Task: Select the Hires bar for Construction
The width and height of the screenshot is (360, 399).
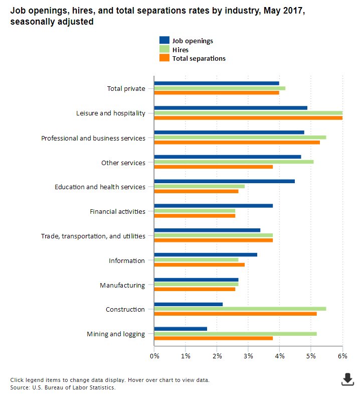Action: pyautogui.click(x=240, y=309)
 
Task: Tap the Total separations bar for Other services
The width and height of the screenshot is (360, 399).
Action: pyautogui.click(x=214, y=167)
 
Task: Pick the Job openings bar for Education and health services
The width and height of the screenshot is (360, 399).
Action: pyautogui.click(x=225, y=181)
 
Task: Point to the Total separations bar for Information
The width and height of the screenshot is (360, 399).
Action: pyautogui.click(x=200, y=264)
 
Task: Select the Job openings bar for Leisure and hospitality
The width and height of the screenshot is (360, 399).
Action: pyautogui.click(x=231, y=107)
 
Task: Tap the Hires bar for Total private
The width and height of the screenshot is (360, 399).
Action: pyautogui.click(x=220, y=88)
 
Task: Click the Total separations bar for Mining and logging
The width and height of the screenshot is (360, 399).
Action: pyautogui.click(x=214, y=338)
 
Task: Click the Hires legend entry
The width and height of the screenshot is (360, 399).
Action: pyautogui.click(x=181, y=50)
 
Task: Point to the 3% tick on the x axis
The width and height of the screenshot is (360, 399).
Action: pyautogui.click(x=248, y=356)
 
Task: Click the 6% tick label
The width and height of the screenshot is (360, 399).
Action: pyautogui.click(x=342, y=356)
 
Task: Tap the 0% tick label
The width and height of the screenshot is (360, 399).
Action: pyautogui.click(x=154, y=356)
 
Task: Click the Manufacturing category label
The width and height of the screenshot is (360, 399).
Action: pyautogui.click(x=122, y=285)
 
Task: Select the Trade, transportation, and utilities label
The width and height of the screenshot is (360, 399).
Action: pyautogui.click(x=93, y=236)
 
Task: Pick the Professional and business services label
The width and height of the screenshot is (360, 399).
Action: pyautogui.click(x=93, y=138)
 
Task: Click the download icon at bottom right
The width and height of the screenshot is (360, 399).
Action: pyautogui.click(x=347, y=379)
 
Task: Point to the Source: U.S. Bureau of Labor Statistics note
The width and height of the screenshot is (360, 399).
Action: pyautogui.click(x=63, y=387)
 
